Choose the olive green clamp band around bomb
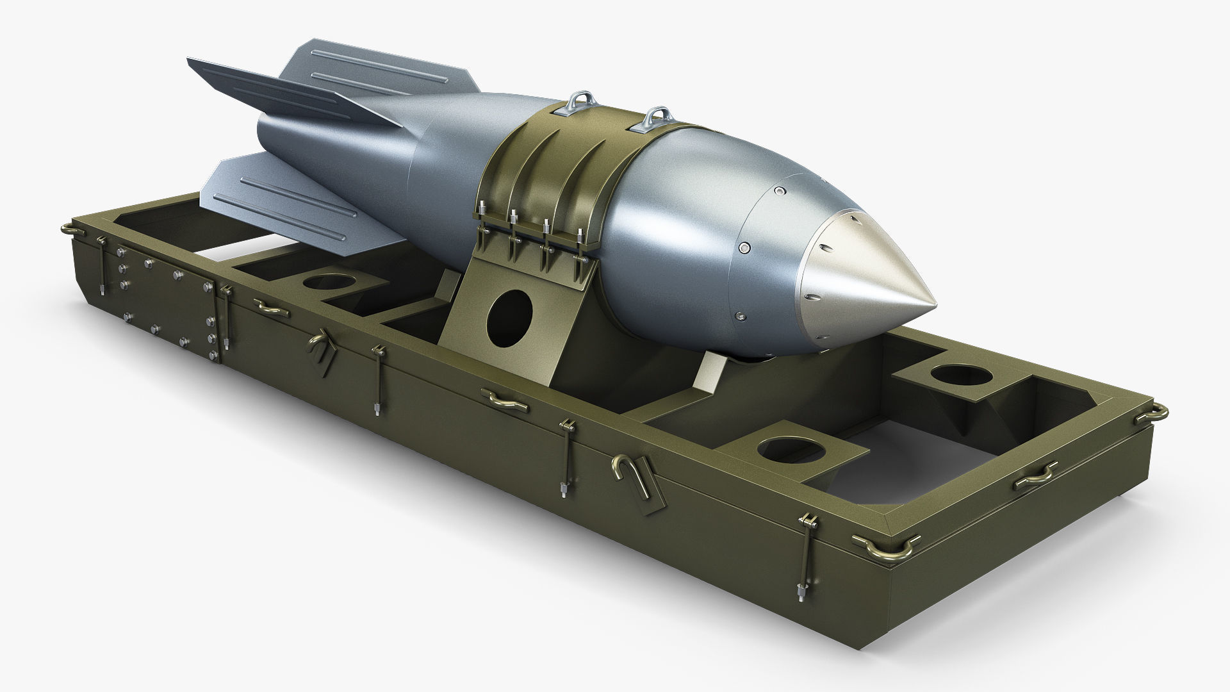click(x=545, y=154)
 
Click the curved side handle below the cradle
click(x=506, y=399)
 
